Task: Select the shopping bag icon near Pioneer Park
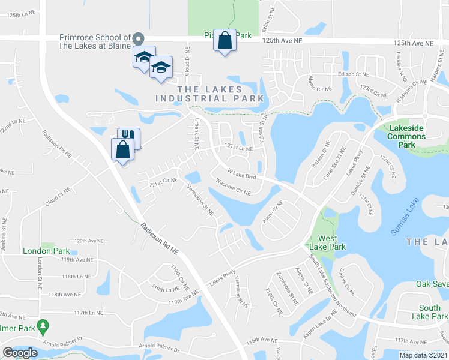coord(224,41)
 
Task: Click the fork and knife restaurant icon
coord(128,138)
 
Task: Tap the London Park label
coord(46,251)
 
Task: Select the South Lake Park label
coord(429,312)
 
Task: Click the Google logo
coord(20,353)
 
